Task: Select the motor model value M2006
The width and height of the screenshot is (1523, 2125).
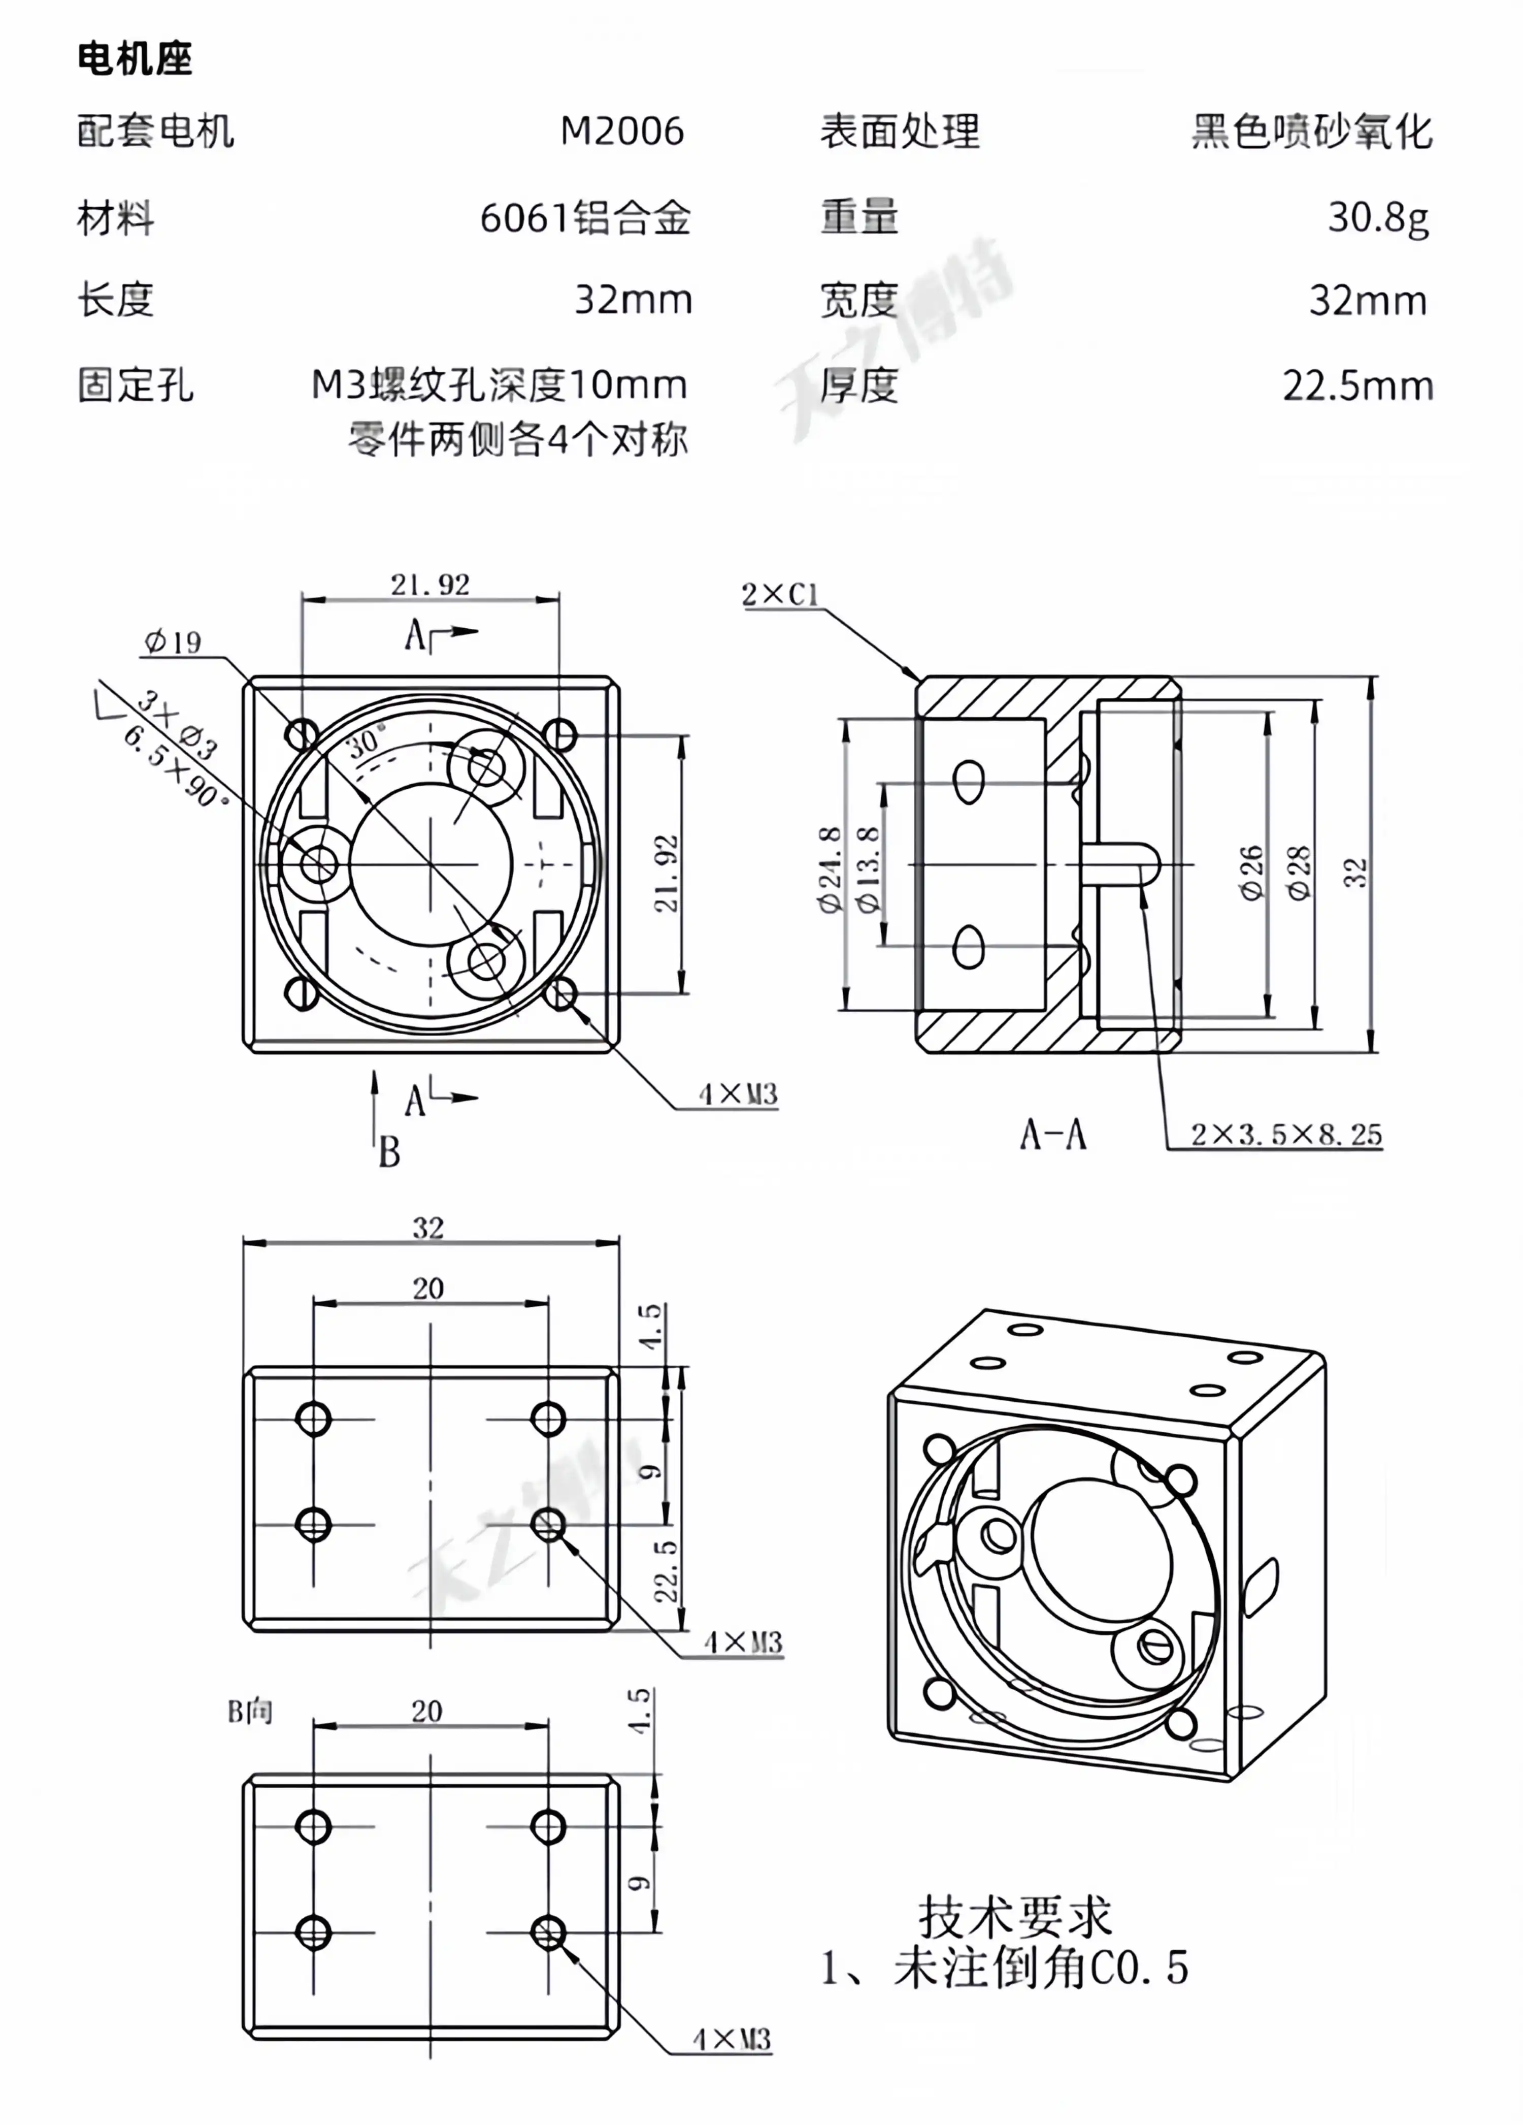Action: (x=622, y=131)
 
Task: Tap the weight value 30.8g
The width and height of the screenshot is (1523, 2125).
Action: (x=1378, y=217)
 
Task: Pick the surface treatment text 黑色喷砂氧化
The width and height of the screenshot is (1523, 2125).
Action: (x=1311, y=131)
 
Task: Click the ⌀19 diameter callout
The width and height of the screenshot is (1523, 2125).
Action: (x=173, y=642)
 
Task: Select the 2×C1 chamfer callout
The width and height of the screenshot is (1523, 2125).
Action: (x=779, y=594)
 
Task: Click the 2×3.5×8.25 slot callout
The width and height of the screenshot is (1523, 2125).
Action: (x=1286, y=1135)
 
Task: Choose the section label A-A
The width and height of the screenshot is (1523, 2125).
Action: (x=1053, y=1135)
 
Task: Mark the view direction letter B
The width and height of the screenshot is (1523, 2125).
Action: (x=389, y=1151)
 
